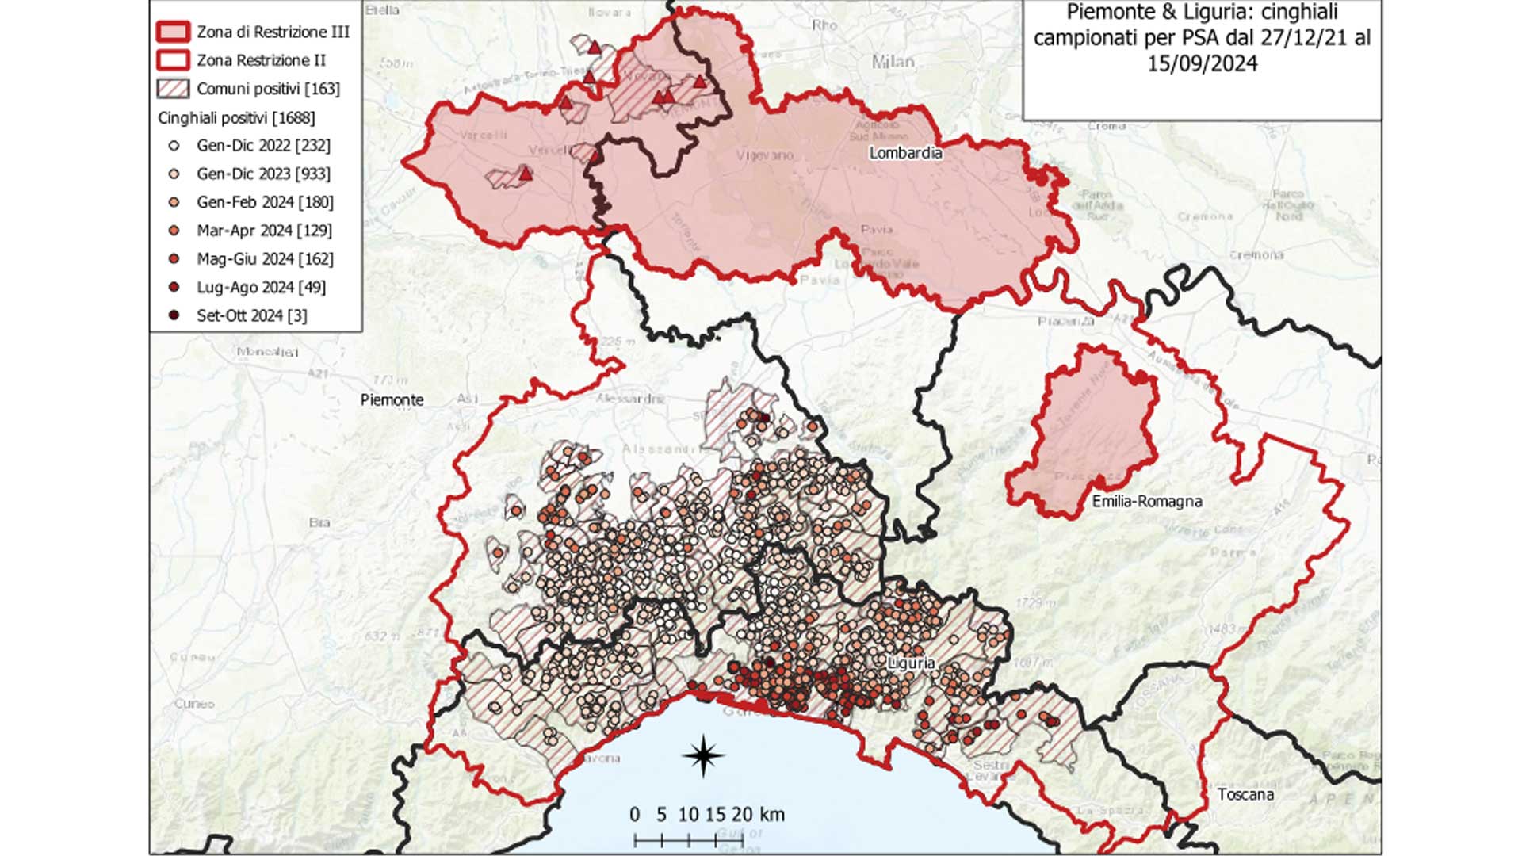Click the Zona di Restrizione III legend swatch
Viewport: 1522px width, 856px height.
coord(173,32)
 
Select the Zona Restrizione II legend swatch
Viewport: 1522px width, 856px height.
coord(173,60)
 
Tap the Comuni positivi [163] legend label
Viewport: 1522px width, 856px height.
coord(268,89)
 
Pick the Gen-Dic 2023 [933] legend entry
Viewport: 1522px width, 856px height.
coord(263,174)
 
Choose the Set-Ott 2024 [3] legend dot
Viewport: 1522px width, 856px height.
coord(174,315)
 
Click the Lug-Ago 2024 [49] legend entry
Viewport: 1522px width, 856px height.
coord(261,287)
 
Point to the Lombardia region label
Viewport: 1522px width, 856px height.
coord(905,153)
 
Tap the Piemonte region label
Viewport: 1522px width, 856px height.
coord(392,400)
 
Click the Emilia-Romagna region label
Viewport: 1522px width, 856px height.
coord(1146,501)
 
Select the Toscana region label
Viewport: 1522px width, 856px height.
coord(1245,794)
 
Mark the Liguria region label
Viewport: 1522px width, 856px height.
coord(912,663)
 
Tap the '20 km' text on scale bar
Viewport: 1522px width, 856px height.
coord(757,814)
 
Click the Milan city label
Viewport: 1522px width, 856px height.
coord(893,61)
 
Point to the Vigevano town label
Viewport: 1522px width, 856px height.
coord(764,155)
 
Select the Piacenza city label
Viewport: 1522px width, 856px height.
coord(1065,321)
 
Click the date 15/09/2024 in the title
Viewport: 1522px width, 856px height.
coord(1202,64)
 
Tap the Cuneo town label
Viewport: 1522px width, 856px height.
coord(194,703)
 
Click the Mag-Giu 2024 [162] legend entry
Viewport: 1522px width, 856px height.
coord(265,259)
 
